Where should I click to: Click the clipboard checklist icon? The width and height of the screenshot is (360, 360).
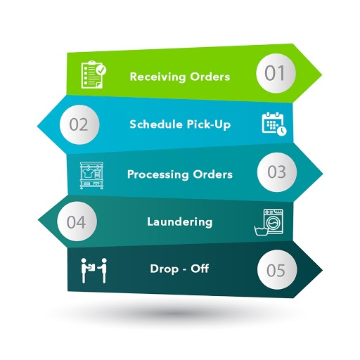(94, 75)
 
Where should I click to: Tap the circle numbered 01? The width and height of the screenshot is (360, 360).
(276, 73)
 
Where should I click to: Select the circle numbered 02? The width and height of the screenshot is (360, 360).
(79, 124)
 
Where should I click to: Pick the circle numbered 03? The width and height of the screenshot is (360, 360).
(277, 172)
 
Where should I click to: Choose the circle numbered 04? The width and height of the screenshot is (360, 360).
(77, 221)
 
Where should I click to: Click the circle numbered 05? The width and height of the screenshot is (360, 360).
(277, 269)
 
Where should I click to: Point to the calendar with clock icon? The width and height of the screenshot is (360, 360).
(274, 124)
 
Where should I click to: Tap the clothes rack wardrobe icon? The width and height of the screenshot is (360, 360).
(91, 175)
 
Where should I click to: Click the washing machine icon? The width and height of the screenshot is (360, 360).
(269, 222)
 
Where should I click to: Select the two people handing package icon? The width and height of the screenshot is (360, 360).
(94, 271)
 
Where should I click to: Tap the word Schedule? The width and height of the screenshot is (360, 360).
(156, 124)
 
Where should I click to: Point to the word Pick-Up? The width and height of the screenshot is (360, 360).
(209, 124)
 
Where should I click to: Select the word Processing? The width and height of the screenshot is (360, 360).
(157, 174)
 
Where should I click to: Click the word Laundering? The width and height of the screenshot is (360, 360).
(180, 222)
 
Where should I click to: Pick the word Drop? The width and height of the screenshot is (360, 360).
(165, 269)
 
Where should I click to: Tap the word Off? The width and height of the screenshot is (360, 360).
(200, 269)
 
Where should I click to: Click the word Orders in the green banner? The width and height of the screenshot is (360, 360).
(210, 77)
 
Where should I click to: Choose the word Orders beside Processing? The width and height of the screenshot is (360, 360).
(213, 174)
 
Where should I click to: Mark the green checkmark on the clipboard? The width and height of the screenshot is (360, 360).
(101, 70)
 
